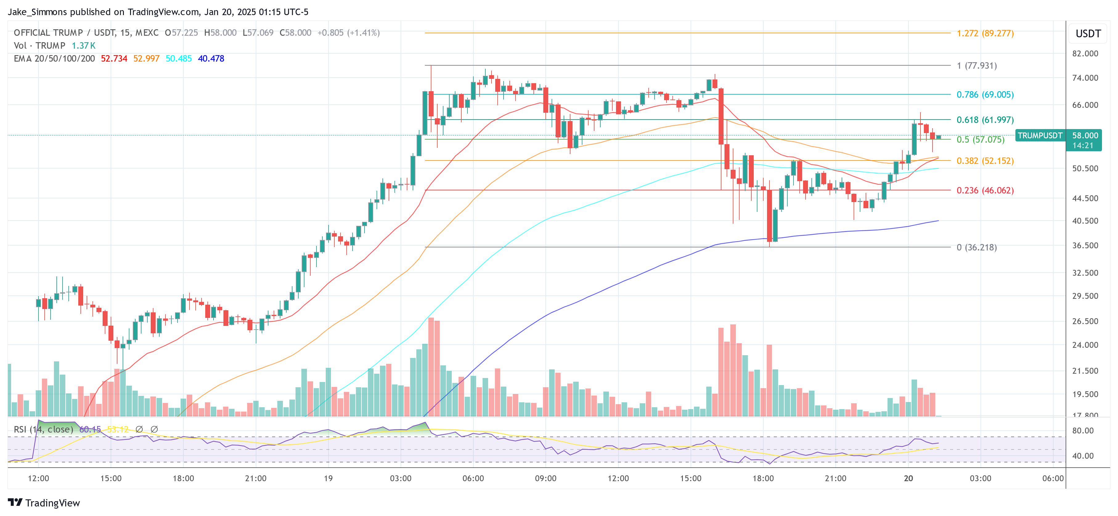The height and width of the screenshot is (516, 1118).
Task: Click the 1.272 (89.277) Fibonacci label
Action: point(985,33)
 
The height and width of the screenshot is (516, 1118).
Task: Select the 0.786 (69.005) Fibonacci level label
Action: point(985,95)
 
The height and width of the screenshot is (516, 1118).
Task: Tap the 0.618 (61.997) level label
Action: point(985,120)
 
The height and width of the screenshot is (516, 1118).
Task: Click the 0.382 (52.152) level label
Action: point(985,161)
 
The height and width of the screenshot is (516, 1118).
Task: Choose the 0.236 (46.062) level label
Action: point(985,190)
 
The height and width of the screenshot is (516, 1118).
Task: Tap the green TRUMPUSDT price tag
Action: point(1040,136)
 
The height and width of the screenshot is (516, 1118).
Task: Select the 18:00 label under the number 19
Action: point(763,478)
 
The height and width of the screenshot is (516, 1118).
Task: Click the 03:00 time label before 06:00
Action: point(981,478)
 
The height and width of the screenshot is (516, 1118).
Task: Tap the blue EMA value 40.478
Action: point(211,59)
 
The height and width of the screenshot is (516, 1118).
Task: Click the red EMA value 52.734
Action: point(114,59)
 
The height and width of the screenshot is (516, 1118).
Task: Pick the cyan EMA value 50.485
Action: point(178,59)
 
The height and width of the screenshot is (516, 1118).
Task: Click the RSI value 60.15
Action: point(90,429)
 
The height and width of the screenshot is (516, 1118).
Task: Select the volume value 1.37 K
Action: point(83,46)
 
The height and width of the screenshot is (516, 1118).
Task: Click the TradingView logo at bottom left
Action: point(44,502)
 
